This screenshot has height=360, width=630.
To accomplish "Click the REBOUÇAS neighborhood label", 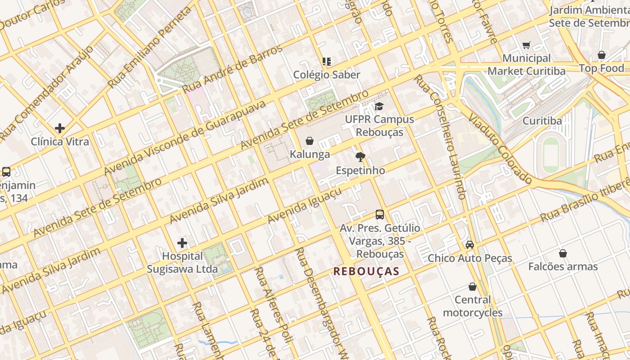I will (366, 271).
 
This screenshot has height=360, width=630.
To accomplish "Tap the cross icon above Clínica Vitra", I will (60, 128).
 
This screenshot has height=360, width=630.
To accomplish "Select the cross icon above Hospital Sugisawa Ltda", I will (182, 243).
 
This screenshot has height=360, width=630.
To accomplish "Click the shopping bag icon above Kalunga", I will (310, 141).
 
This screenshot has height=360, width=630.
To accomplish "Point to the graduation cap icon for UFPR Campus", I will (379, 106).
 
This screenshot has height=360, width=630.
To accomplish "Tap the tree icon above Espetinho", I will (360, 157).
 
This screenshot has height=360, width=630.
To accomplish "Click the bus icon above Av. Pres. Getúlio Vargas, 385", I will (380, 215).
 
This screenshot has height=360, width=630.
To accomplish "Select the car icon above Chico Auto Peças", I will (470, 245).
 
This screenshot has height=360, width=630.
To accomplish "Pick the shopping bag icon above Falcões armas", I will (562, 253).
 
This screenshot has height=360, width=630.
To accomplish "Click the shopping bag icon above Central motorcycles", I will (472, 287).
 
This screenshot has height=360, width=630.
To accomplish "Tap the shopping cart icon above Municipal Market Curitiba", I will (526, 45).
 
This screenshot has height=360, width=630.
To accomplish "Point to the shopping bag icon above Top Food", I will (602, 55).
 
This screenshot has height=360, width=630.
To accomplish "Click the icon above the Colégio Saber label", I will (327, 61).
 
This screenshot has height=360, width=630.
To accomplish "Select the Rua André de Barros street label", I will (232, 69).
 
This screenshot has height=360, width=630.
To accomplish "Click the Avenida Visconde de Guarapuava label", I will (184, 138).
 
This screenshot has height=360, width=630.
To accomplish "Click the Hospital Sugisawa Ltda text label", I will (182, 263).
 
